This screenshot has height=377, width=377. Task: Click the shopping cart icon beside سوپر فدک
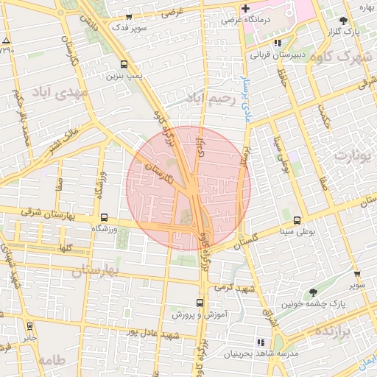coord(151,17)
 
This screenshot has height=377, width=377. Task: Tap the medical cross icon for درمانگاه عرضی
coord(245,8)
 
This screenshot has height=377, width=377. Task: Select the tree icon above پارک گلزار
coord(344,21)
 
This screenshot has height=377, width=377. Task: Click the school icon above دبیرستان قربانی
coord(277,43)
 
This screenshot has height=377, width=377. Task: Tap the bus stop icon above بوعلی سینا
coord(297,219)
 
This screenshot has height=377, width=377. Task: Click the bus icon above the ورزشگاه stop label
coord(104,218)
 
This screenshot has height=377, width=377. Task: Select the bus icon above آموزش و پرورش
coord(200,303)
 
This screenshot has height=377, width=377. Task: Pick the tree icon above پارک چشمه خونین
coord(314,292)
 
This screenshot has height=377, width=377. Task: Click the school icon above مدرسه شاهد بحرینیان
coord(260,342)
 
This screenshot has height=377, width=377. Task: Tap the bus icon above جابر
coord(29,326)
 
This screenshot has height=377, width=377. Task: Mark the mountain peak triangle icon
coord(6,40)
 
